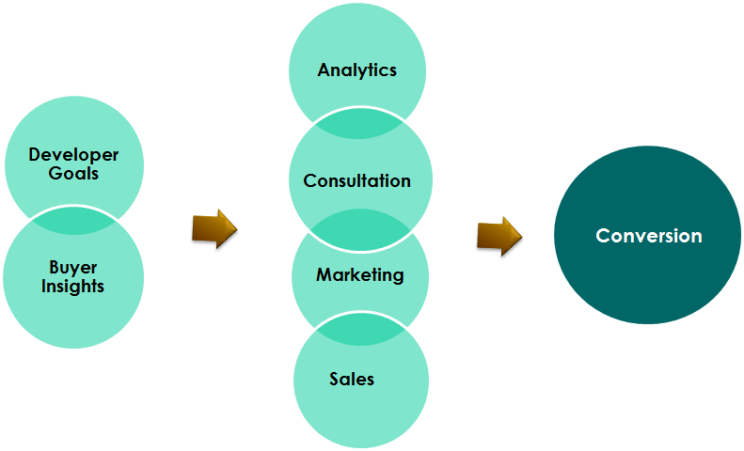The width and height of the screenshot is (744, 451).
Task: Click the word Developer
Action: pos(73,155)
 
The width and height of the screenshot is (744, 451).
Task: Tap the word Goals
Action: pos(73,174)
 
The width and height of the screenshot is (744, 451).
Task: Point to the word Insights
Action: pos(73,287)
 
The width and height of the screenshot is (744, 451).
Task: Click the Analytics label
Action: pos(357,70)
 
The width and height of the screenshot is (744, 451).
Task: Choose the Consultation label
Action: pos(357,180)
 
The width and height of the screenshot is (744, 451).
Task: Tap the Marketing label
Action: pos(359,275)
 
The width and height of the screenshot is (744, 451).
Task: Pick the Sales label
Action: pos(352,380)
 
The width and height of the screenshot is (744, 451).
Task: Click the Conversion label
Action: pos(649,236)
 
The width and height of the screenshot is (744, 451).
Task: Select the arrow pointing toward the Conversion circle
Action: pos(499,235)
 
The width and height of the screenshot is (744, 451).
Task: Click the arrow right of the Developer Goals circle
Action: pos(214,228)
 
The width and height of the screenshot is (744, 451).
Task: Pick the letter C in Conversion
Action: pos(603,236)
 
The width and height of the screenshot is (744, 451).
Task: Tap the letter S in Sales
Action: pos(334,380)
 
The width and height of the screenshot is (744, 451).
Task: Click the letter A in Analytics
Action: pos(324,70)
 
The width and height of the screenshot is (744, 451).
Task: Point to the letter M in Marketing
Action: pos(324,275)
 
